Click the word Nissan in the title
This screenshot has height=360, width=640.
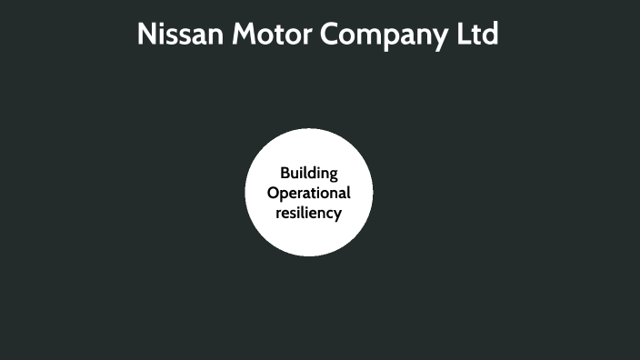pyautogui.click(x=180, y=35)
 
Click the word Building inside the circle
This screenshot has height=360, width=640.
pyautogui.click(x=309, y=174)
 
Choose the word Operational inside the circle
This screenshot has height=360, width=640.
pyautogui.click(x=309, y=194)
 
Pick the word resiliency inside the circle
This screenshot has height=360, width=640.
pyautogui.click(x=309, y=213)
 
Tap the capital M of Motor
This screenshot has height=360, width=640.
pyautogui.click(x=243, y=35)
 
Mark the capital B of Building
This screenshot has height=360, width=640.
pyautogui.click(x=284, y=173)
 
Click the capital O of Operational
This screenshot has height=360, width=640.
pyautogui.click(x=273, y=193)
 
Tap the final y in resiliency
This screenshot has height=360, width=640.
pyautogui.click(x=337, y=215)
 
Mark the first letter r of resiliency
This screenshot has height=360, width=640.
pyautogui.click(x=278, y=214)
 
